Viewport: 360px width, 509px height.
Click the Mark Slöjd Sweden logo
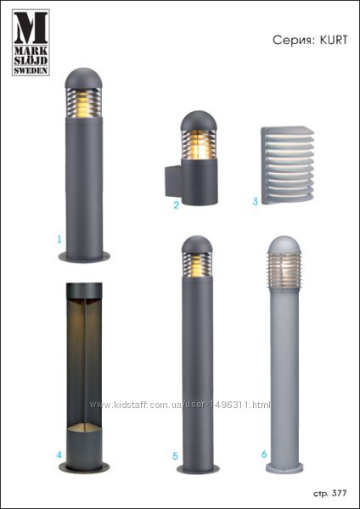click(31, 42)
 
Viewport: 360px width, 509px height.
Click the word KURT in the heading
click(334, 40)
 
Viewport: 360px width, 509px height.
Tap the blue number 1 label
click(59, 239)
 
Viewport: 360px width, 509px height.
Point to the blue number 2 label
click(176, 205)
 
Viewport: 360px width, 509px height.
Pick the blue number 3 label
click(256, 201)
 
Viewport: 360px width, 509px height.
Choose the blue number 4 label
click(59, 455)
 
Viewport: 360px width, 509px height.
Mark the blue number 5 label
click(175, 456)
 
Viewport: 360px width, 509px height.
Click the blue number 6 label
click(264, 454)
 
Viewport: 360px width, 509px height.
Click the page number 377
click(340, 494)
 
